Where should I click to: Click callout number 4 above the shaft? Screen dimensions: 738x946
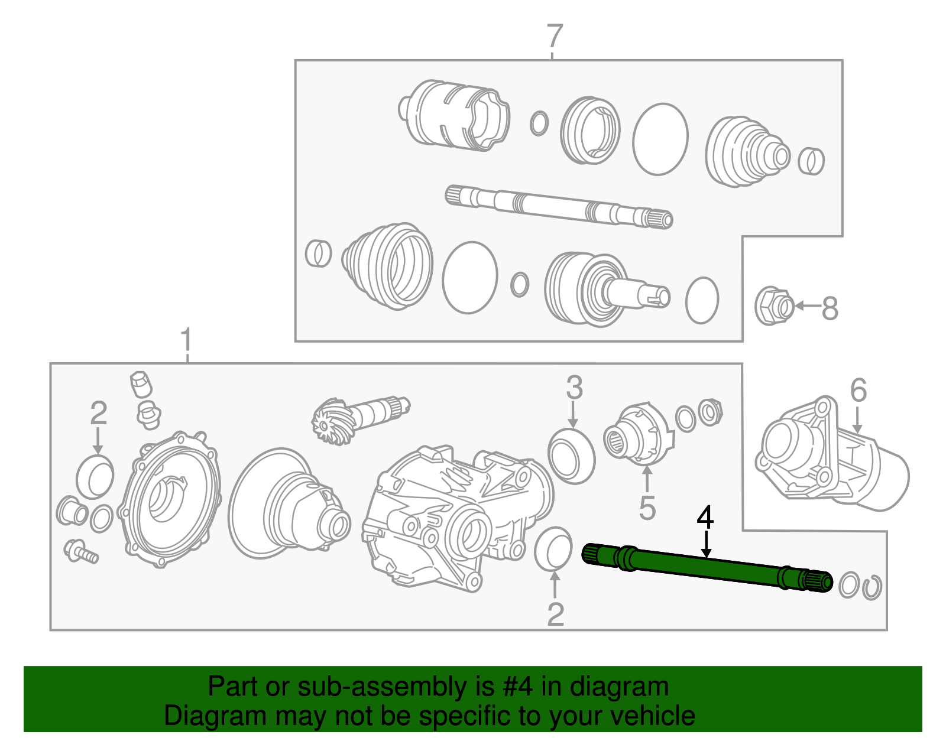(x=705, y=518)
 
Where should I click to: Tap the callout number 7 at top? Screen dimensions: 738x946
(x=553, y=37)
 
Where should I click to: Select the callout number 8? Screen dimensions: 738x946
(x=830, y=308)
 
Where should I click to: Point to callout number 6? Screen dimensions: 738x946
(x=858, y=391)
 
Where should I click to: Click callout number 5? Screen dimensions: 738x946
(x=647, y=508)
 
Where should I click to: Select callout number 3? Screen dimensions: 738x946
(x=574, y=388)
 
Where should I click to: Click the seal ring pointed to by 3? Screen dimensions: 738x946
(x=572, y=456)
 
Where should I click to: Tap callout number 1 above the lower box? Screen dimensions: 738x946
(x=186, y=341)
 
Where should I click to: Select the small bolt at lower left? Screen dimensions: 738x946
(x=80, y=551)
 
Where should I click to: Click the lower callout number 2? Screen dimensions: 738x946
(x=555, y=615)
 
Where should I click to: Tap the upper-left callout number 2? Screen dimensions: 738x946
(x=98, y=413)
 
